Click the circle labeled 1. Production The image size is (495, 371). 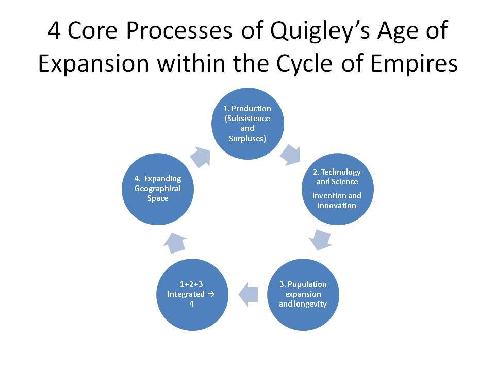pyautogui.click(x=247, y=124)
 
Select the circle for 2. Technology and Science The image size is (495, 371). pyautogui.click(x=337, y=189)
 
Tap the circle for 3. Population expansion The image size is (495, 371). pyautogui.click(x=303, y=295)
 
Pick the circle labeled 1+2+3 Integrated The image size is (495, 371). pyautogui.click(x=192, y=295)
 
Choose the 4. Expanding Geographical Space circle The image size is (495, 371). pyautogui.click(x=158, y=189)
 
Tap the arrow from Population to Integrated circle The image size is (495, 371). pyautogui.click(x=248, y=295)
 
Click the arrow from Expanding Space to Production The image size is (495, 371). pyautogui.click(x=201, y=157)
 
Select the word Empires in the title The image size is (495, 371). pyautogui.click(x=414, y=63)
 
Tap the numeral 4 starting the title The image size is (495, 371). pyautogui.click(x=54, y=31)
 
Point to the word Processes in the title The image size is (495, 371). pyautogui.click(x=179, y=31)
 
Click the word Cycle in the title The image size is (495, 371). pyautogui.click(x=305, y=64)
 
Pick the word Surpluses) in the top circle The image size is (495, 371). pyautogui.click(x=247, y=139)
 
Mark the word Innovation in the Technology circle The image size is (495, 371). pyautogui.click(x=337, y=206)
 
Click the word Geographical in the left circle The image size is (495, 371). pyautogui.click(x=158, y=189)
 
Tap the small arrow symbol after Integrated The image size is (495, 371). pyautogui.click(x=211, y=294)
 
